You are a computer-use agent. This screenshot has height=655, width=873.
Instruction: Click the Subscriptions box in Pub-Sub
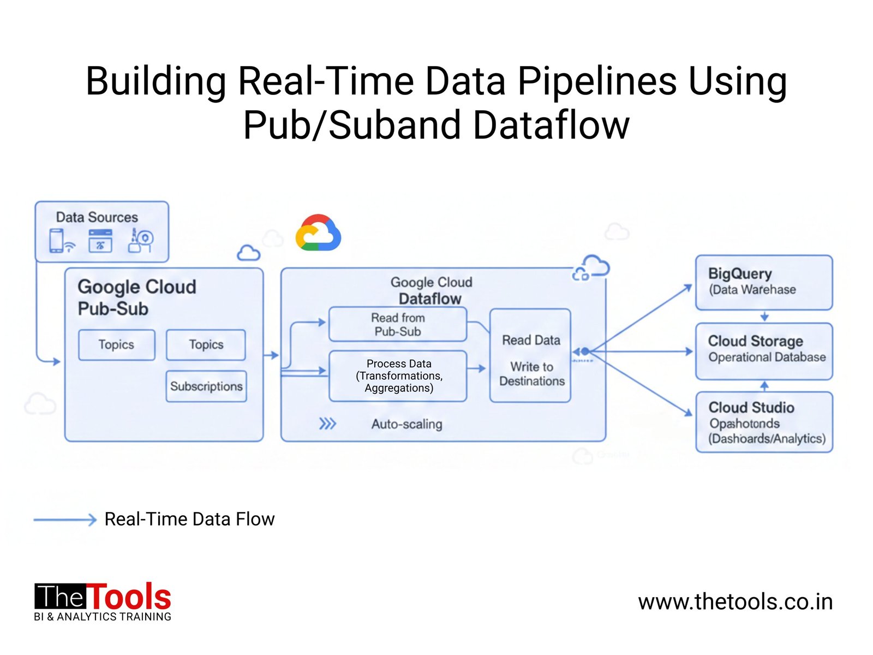click(206, 386)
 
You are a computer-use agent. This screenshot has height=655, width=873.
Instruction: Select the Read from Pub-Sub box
click(398, 324)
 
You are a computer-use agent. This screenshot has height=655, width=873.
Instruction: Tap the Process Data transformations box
click(398, 376)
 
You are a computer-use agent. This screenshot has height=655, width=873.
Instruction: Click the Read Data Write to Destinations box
click(530, 356)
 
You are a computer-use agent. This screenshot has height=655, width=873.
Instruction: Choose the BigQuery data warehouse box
click(764, 282)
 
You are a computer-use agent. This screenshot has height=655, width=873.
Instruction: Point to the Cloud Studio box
click(764, 422)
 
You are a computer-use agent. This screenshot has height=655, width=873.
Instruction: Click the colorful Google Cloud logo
click(318, 234)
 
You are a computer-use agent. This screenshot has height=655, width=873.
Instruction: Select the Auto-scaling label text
click(406, 424)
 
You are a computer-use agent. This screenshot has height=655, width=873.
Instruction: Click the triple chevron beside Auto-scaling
click(327, 424)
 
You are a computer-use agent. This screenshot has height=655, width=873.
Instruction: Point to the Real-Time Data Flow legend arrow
click(65, 520)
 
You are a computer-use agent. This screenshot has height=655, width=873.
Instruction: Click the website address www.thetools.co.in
click(735, 602)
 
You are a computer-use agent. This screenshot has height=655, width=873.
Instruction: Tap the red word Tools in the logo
click(129, 597)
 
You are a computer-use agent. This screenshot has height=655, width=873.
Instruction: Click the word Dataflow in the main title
click(551, 126)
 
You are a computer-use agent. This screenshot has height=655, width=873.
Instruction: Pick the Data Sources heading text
click(97, 217)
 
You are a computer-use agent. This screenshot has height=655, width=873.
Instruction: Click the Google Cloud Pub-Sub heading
click(136, 297)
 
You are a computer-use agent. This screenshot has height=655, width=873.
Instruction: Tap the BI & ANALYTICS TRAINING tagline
click(103, 617)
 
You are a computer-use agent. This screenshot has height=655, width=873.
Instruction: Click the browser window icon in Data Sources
click(100, 241)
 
